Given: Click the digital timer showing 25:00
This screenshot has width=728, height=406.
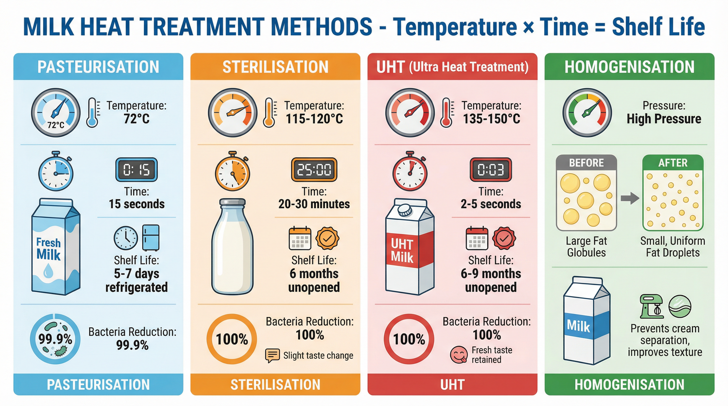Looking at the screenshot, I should [x=314, y=170].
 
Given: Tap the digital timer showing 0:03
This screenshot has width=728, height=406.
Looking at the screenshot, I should [x=491, y=170].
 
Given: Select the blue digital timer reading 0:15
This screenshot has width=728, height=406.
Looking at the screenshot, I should [x=136, y=170].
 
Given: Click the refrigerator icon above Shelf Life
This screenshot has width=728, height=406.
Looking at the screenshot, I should [x=151, y=238].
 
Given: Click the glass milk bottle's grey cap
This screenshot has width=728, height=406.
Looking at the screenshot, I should [x=232, y=202].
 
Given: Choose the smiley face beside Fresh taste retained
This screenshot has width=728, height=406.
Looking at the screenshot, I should [x=458, y=355].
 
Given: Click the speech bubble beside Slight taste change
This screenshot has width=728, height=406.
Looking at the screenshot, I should [x=272, y=355].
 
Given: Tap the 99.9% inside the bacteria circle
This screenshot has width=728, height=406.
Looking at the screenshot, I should [x=55, y=339].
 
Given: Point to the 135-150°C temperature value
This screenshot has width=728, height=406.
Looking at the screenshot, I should [x=492, y=119].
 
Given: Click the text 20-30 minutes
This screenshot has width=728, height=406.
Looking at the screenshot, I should [x=314, y=204].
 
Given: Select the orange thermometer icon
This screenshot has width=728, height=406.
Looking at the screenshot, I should [x=269, y=113].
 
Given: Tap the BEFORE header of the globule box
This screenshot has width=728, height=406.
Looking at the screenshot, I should [x=586, y=163].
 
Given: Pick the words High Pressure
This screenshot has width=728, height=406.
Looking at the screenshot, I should [x=663, y=119].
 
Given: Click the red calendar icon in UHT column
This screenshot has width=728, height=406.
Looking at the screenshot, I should [x=477, y=238].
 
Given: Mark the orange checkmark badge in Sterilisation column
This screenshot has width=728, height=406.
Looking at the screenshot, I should [x=327, y=239].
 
